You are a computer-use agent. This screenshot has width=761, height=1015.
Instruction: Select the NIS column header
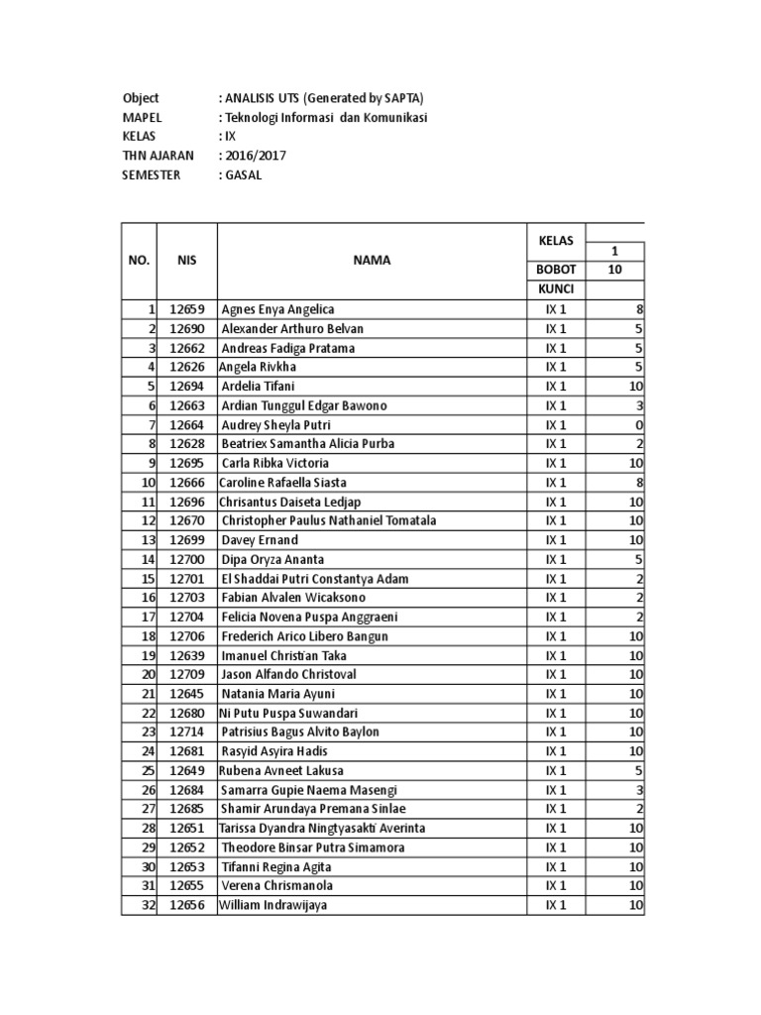(x=187, y=261)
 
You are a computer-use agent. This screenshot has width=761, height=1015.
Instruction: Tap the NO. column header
(x=139, y=261)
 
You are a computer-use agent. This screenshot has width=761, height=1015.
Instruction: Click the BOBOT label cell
(x=556, y=270)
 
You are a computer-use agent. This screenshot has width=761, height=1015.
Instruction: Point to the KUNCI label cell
(x=556, y=288)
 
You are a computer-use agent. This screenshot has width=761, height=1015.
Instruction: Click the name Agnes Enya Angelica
(x=277, y=309)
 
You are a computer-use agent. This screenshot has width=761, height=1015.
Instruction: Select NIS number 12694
(x=187, y=386)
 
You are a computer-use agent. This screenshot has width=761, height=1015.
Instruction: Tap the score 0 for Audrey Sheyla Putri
(x=640, y=424)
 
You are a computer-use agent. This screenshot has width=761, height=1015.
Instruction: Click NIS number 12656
(x=187, y=905)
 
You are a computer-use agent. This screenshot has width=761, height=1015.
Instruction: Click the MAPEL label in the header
(x=142, y=118)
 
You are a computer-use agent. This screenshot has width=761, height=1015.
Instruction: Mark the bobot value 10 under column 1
(x=615, y=270)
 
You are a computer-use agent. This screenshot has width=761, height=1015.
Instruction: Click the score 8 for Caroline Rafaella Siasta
(x=640, y=482)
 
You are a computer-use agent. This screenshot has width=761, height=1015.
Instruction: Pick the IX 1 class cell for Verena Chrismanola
(x=556, y=885)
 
